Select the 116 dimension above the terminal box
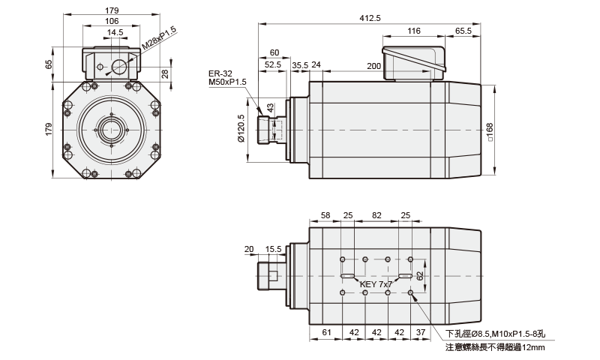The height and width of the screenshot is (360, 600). coord(414,31)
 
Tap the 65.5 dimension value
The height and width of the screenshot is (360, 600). coord(463,31)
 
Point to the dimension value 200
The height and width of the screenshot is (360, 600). coord(373,66)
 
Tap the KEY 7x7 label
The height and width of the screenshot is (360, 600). coord(376,285)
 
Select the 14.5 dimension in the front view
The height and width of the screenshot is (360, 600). coord(114,32)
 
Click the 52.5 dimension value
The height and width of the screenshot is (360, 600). coord(273,65)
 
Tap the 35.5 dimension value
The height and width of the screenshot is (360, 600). coord(300,65)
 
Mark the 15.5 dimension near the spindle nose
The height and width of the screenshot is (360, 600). coord(273,249)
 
